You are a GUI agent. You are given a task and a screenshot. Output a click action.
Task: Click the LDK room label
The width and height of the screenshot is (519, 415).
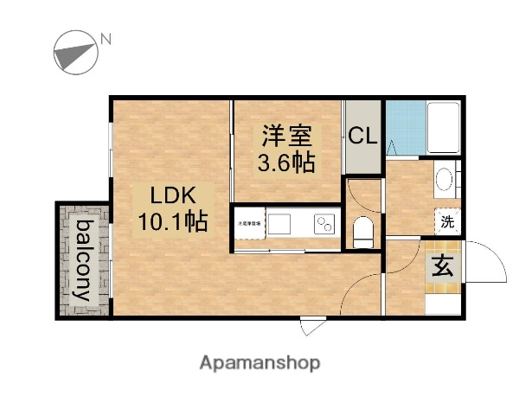coord(172,195)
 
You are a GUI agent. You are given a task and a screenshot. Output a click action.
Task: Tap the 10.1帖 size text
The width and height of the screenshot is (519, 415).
coord(172,222)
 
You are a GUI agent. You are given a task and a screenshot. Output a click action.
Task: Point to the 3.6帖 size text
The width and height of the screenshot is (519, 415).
coord(285,162)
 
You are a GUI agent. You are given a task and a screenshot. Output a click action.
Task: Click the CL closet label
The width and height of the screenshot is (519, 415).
coord(362,137)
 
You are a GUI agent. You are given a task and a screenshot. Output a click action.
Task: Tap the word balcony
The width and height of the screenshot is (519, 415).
coord(84,260)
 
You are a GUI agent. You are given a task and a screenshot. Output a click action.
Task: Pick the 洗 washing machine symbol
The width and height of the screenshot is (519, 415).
coord(448,221)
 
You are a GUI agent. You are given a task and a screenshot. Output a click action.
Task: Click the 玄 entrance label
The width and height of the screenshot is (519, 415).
coord(441,267)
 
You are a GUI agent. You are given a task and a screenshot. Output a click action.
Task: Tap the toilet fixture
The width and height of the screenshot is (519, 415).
coord(363,232)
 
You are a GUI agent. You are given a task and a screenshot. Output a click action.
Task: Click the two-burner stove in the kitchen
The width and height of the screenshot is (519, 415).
coord(326,224)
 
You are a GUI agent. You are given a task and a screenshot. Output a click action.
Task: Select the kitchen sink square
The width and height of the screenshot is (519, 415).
coord(281,224)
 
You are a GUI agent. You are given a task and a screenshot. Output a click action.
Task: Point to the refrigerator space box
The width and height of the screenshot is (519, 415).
coord(248,224)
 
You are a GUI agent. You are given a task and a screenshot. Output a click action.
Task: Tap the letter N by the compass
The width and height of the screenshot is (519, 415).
coord(106,38)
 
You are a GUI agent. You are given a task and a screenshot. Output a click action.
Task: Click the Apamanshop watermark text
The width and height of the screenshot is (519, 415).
coord(259,362)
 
